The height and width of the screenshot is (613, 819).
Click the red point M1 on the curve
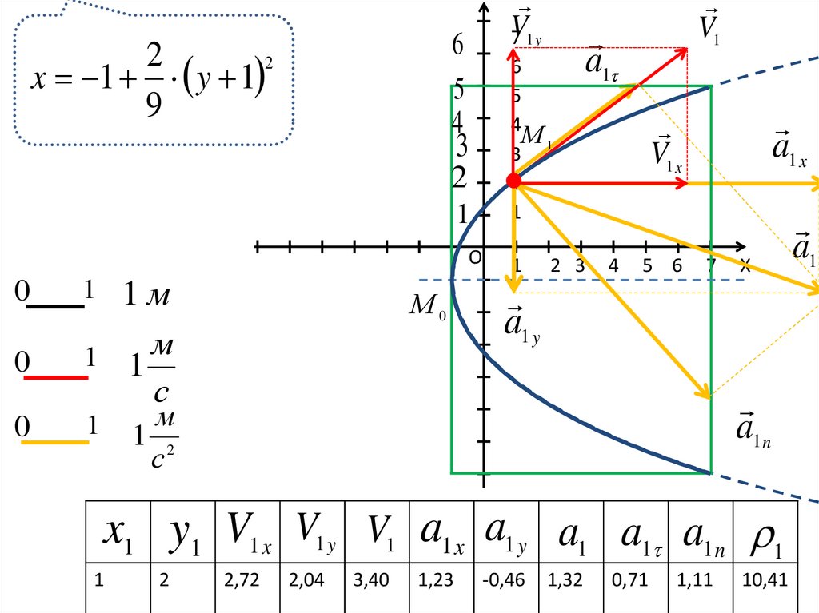tap(514, 181)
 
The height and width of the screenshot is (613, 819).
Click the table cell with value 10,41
tap(765, 581)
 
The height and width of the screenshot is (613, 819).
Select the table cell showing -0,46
tap(506, 581)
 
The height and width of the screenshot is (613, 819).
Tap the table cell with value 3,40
tap(377, 581)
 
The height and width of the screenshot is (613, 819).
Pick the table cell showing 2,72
tap(246, 581)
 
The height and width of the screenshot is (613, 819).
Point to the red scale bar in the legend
tap(56, 376)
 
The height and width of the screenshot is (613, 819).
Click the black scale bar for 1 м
tap(56, 306)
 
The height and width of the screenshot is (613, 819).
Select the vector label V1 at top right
tap(709, 26)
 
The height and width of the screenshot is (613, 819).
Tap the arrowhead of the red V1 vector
tap(685, 50)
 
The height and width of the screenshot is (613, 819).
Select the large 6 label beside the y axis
tap(458, 46)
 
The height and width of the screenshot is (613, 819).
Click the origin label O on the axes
tap(475, 259)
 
